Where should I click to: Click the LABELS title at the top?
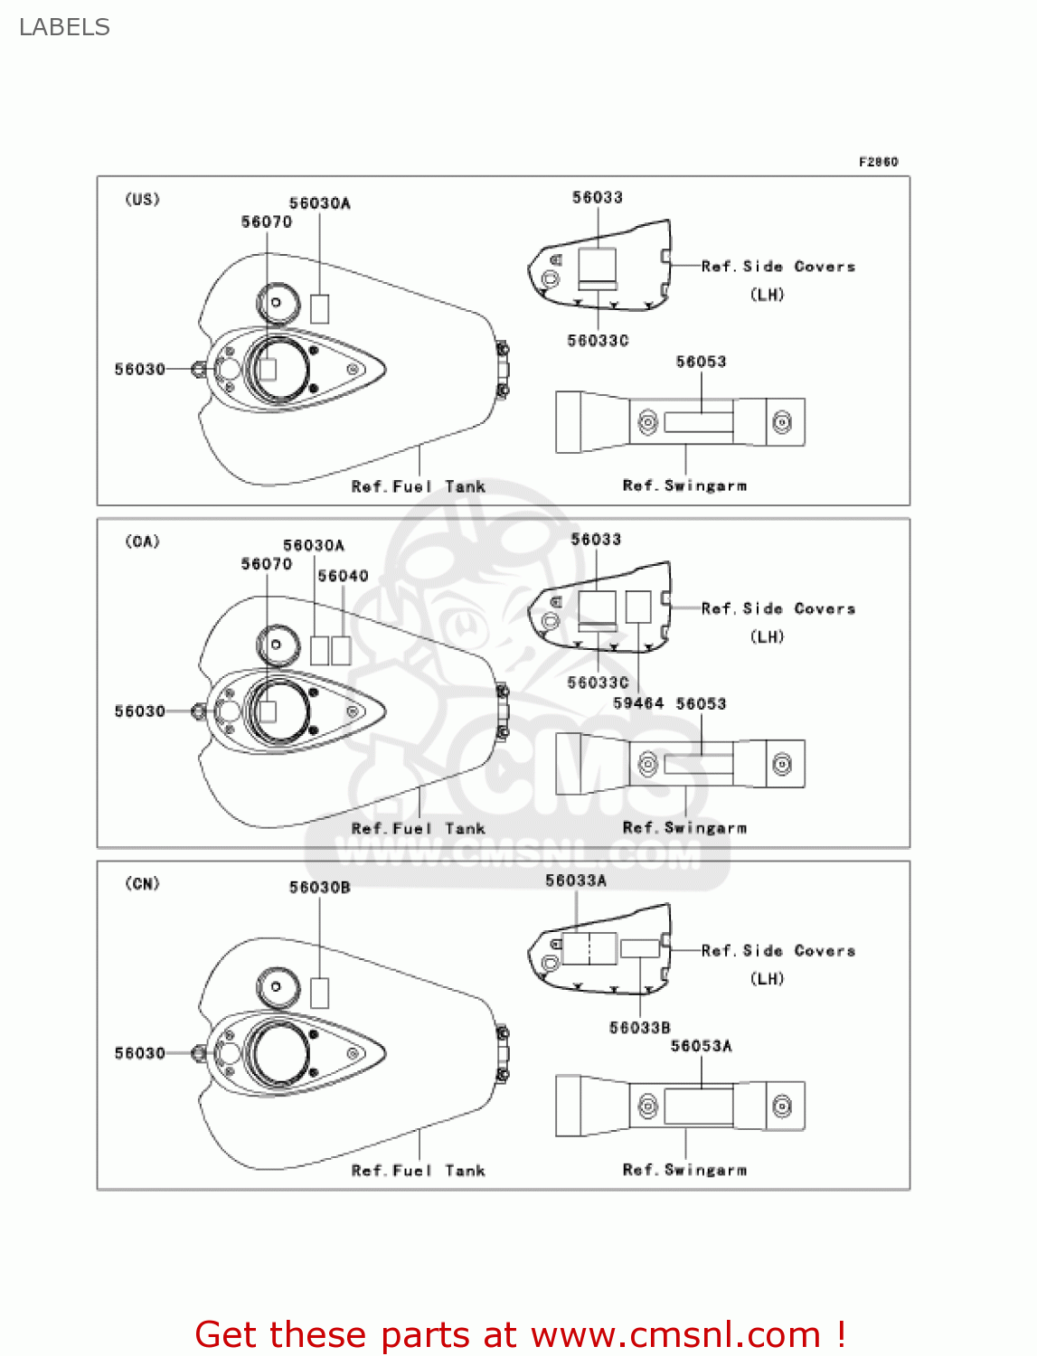64,27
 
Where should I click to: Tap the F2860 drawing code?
878,162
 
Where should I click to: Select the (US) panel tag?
142,199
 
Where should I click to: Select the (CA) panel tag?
142,541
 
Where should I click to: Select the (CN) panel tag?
142,883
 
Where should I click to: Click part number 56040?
343,576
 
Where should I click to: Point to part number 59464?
637,703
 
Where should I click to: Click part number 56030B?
319,888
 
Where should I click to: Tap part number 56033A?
576,880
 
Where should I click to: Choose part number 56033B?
639,1028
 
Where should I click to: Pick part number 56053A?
701,1046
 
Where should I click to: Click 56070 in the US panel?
267,222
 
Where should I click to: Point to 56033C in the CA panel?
598,683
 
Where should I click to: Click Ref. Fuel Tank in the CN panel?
418,1171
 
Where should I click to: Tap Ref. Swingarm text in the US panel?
684,486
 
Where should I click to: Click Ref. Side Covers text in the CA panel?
778,609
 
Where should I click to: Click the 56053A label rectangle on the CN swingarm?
699,1106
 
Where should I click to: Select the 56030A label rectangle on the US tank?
319,308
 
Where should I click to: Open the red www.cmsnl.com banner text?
520,1335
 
